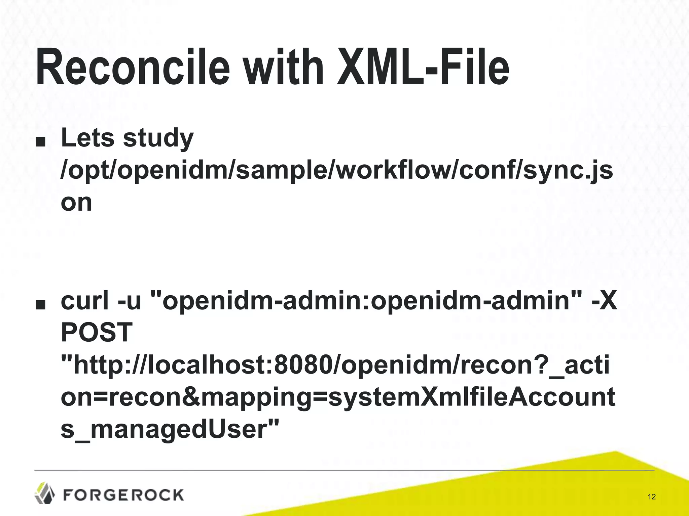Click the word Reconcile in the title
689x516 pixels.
(133, 68)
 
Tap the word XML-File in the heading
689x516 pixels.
(423, 68)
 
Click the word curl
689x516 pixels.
(85, 300)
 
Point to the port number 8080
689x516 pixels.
(302, 365)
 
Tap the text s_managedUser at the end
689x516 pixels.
(170, 430)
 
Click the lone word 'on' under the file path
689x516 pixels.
(76, 203)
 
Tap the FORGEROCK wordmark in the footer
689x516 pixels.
(123, 495)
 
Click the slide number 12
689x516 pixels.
(651, 497)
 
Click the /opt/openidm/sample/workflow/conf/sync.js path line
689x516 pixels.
(336, 171)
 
